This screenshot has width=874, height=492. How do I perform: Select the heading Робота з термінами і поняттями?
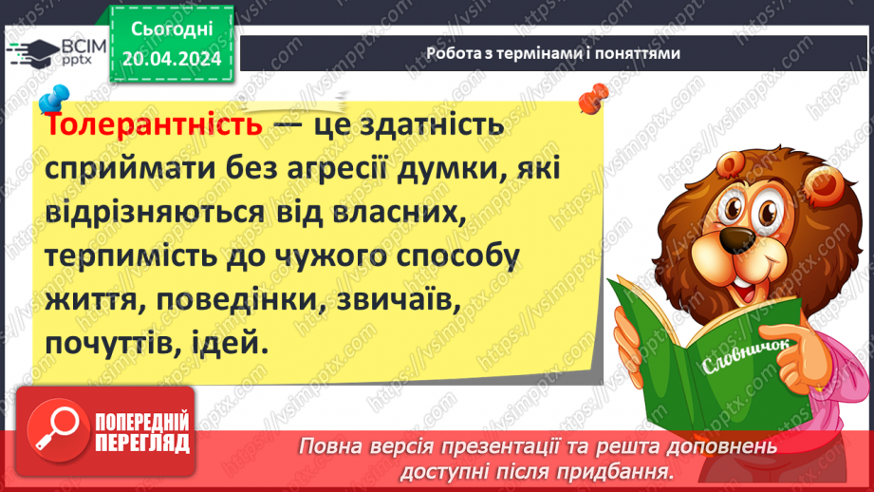coord(553,54)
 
